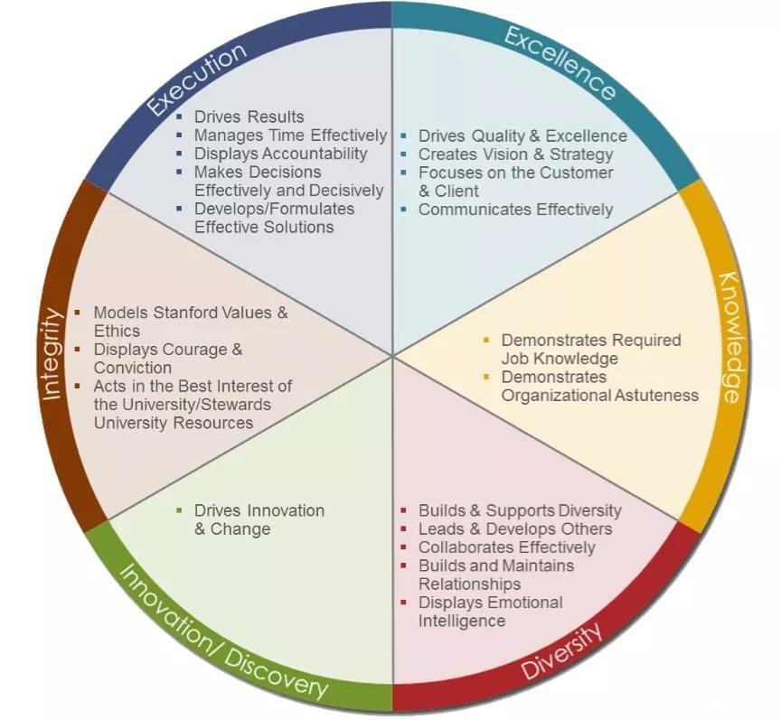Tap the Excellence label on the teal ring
click(560, 63)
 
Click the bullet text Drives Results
click(249, 117)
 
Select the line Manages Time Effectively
click(290, 136)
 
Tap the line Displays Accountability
click(280, 154)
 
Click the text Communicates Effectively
click(515, 210)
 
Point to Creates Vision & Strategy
click(515, 154)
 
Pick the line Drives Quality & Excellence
click(522, 136)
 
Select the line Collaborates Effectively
click(506, 547)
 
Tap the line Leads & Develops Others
click(515, 529)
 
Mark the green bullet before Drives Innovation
click(180, 510)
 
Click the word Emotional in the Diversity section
click(524, 603)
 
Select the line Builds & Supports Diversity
click(520, 510)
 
